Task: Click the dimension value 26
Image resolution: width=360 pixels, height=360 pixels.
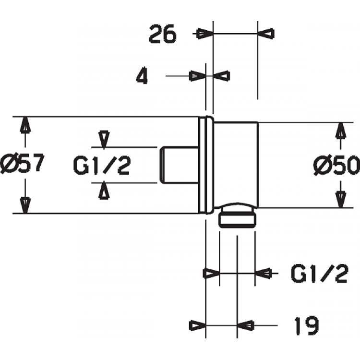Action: pos(163,35)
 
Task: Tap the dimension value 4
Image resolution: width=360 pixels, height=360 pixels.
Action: pos(142,76)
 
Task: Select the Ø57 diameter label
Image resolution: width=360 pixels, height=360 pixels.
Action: pos(22,164)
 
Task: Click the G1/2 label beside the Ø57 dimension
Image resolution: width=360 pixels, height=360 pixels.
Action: pos(102,165)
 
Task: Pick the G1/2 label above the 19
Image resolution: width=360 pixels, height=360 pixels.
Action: pos(320,273)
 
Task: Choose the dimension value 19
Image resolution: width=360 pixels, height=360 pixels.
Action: pos(307,325)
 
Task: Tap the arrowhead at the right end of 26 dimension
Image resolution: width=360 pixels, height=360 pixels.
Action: pos(265,34)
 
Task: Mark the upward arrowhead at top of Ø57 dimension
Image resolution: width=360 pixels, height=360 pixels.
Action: pos(25,125)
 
